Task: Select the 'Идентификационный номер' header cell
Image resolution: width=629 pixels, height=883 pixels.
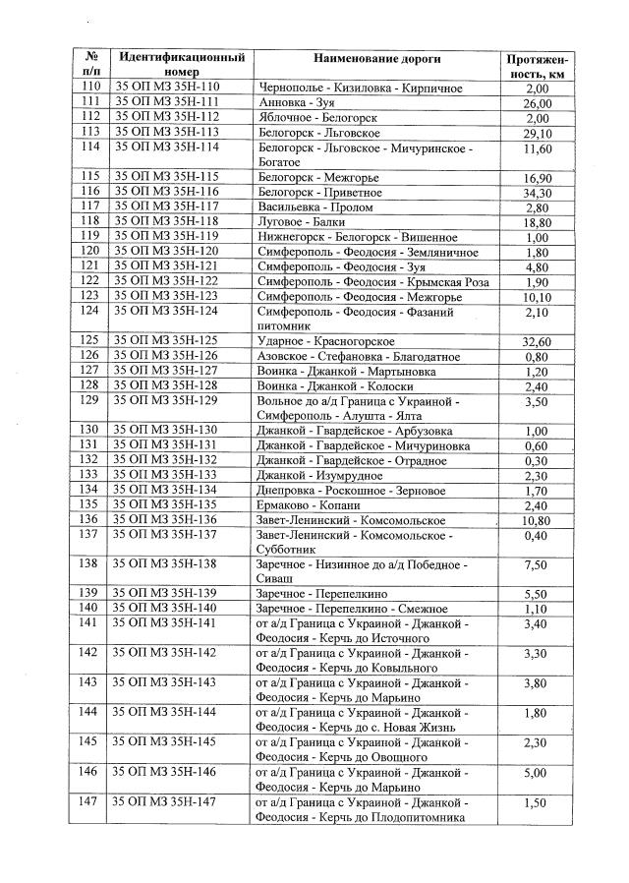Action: click(181, 65)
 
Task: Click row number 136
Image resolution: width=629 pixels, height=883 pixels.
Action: click(89, 519)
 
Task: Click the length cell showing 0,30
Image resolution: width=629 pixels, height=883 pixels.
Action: click(537, 460)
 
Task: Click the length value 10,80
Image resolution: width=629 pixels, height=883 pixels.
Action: click(537, 519)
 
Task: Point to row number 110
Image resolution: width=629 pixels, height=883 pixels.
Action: click(89, 88)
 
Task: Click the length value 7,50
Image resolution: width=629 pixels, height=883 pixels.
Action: click(537, 564)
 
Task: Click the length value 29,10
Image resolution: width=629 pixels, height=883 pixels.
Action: click(537, 132)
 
